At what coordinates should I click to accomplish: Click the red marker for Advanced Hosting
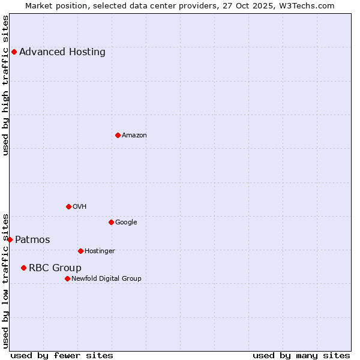14,52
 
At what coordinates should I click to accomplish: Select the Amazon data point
118,135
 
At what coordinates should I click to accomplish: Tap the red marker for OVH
68,206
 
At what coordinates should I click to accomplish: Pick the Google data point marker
111,222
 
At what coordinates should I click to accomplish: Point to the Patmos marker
10,239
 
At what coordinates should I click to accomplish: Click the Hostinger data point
80,251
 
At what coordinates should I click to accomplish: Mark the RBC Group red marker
23,268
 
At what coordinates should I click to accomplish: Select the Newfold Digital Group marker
67,278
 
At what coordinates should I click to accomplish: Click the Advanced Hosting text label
62,52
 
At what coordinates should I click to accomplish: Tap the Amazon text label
134,136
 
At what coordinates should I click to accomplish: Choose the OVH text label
80,207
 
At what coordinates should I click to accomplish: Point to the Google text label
126,223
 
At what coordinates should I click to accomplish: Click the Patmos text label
32,240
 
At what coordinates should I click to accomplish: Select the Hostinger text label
100,251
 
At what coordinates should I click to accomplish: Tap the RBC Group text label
55,268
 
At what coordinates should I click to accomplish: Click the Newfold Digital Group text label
106,278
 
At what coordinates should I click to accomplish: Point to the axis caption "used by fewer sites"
62,355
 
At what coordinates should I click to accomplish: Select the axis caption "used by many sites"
301,355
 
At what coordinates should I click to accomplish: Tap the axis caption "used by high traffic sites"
5,85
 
